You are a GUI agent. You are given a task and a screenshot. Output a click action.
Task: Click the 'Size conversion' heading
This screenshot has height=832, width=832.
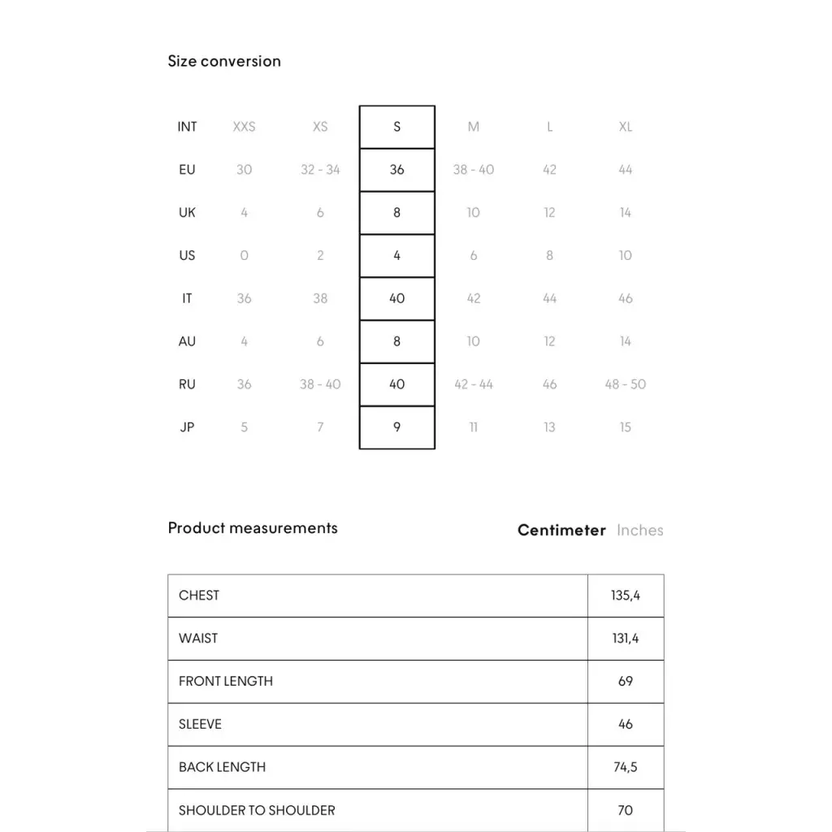(x=224, y=61)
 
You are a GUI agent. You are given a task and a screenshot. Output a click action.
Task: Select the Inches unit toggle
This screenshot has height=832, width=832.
(x=639, y=531)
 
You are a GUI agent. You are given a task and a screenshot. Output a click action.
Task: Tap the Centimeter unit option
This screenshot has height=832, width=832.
(x=561, y=531)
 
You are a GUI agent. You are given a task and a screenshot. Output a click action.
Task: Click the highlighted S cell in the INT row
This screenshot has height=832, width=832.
(x=396, y=127)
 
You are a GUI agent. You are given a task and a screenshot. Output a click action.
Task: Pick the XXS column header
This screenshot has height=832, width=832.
(x=244, y=127)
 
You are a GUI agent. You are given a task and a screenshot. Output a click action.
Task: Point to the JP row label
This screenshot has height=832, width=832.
(x=187, y=427)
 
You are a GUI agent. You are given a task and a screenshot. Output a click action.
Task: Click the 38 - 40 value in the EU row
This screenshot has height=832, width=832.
(x=473, y=170)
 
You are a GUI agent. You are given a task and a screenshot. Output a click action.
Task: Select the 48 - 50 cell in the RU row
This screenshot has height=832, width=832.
(x=625, y=384)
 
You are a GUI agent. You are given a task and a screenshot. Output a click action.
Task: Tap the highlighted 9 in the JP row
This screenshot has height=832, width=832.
(x=396, y=427)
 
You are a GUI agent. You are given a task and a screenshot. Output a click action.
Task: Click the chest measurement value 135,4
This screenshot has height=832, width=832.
(x=625, y=596)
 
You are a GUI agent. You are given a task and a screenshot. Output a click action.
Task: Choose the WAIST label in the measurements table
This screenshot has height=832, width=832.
(x=198, y=639)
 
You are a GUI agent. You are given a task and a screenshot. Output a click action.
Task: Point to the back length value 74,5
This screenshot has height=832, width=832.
(x=625, y=767)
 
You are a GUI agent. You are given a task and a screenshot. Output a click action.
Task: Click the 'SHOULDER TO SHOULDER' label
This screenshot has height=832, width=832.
(x=257, y=810)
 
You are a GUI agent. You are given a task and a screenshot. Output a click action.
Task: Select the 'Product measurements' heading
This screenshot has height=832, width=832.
(x=253, y=528)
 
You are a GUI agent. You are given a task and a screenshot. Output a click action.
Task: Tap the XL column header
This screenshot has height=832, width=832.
(x=625, y=127)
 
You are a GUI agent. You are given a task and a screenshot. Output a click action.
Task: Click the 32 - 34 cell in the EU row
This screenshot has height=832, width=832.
(x=320, y=170)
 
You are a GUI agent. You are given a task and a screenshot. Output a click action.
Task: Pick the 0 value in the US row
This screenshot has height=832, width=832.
(x=244, y=256)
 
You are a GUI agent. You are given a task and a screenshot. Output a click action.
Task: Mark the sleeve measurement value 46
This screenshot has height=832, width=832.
(x=625, y=724)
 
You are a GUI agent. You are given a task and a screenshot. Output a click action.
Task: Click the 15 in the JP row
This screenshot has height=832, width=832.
(x=625, y=427)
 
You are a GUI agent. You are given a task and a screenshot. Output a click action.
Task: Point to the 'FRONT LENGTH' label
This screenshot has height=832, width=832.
(x=226, y=681)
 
